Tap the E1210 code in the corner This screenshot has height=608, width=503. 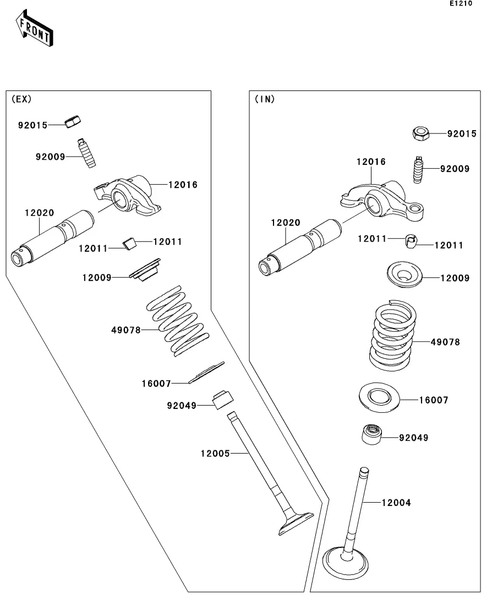tap(461, 4)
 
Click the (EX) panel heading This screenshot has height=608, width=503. tap(21, 99)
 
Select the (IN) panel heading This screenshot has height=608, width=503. tap(265, 99)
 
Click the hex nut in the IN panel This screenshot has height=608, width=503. tap(420, 133)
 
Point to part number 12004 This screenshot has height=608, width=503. tap(396, 503)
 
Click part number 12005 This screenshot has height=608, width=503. tap(215, 453)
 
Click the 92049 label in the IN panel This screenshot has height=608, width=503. tap(413, 438)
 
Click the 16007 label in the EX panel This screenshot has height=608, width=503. tap(156, 383)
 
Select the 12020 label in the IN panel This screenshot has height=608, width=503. tap(286, 223)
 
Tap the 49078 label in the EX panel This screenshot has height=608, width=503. tap(125, 330)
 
